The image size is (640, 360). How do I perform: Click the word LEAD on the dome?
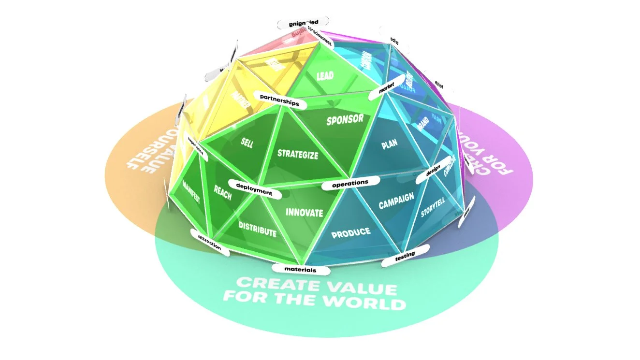click(x=325, y=76)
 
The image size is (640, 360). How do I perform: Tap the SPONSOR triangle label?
click(x=345, y=120)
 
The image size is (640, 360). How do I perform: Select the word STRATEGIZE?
click(x=298, y=155)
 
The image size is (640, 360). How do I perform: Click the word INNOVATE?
click(x=304, y=212)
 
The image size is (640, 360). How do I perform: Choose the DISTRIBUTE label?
click(x=257, y=229)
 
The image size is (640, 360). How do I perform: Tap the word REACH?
click(x=223, y=192)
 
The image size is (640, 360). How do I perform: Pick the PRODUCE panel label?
click(x=351, y=232)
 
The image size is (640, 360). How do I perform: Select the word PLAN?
click(x=390, y=145)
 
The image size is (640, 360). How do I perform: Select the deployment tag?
click(x=254, y=188)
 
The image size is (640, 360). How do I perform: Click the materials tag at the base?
click(x=301, y=269)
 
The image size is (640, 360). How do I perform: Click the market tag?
click(x=386, y=89)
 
